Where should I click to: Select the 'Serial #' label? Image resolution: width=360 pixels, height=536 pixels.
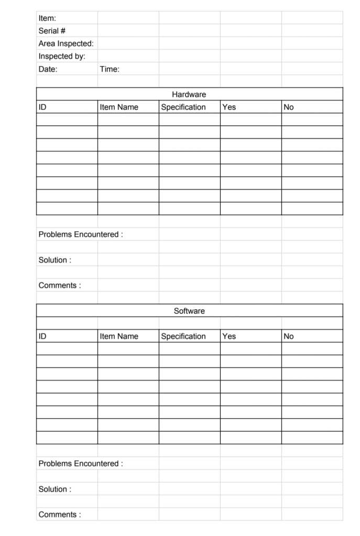click(x=52, y=31)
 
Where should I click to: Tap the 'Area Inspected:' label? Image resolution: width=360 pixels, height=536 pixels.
click(x=66, y=43)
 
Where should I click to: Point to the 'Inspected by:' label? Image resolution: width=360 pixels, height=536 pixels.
click(x=62, y=56)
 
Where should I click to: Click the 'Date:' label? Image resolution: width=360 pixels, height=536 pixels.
click(x=48, y=69)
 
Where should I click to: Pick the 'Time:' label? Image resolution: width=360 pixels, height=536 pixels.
click(x=110, y=69)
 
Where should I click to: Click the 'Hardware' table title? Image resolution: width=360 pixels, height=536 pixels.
click(x=189, y=94)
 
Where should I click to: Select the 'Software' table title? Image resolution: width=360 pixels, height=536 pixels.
click(x=189, y=311)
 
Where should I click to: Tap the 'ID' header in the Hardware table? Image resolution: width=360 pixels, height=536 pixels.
click(x=42, y=107)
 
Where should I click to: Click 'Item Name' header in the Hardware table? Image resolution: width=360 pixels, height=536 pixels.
click(x=119, y=107)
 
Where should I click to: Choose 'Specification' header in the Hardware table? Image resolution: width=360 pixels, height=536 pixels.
click(x=183, y=107)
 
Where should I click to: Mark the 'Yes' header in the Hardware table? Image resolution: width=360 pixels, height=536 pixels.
click(x=229, y=107)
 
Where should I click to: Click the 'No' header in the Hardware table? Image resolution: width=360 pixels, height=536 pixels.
click(x=289, y=107)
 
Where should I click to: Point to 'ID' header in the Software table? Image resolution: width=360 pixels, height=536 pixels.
click(x=42, y=336)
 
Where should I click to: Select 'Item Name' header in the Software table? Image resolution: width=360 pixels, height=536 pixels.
click(x=119, y=336)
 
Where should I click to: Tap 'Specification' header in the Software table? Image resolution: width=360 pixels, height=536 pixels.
click(x=183, y=336)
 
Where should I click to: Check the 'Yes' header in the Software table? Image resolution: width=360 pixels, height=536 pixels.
click(x=229, y=336)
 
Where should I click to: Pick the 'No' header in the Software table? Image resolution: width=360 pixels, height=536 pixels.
click(x=289, y=336)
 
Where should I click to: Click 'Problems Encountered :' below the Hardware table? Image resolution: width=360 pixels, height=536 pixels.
click(x=81, y=234)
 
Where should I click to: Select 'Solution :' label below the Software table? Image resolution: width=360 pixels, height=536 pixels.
click(x=55, y=489)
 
